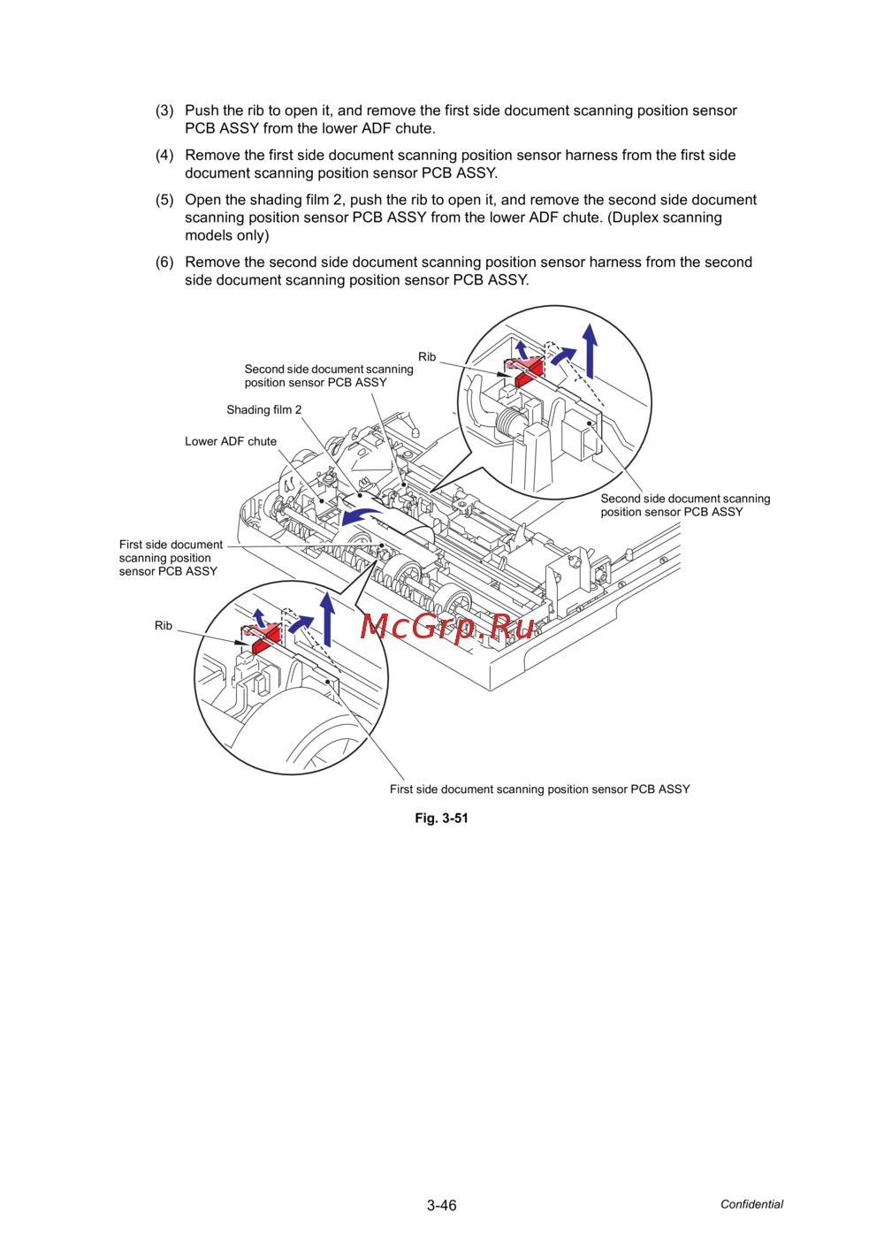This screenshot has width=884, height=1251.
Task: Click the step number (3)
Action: (x=164, y=111)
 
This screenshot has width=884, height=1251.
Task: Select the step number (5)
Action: (x=164, y=200)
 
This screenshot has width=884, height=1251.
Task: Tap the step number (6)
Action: (x=164, y=263)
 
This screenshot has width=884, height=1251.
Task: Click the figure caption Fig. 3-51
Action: (x=441, y=819)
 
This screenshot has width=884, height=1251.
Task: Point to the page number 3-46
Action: (x=441, y=1205)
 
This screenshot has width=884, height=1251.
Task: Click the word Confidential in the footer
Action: (x=751, y=1204)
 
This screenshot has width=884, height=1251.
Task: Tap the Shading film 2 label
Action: (x=263, y=410)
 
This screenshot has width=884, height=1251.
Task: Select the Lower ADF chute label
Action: (x=231, y=441)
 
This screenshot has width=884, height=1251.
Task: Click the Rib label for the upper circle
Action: (x=427, y=357)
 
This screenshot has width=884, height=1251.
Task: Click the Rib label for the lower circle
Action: (x=164, y=626)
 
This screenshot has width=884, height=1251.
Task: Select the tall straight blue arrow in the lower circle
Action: (x=327, y=618)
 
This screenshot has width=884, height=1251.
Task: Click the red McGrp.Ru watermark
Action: (x=447, y=627)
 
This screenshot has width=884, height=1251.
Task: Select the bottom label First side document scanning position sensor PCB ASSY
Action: (x=539, y=790)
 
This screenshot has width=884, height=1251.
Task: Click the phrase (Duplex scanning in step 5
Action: (x=665, y=217)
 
